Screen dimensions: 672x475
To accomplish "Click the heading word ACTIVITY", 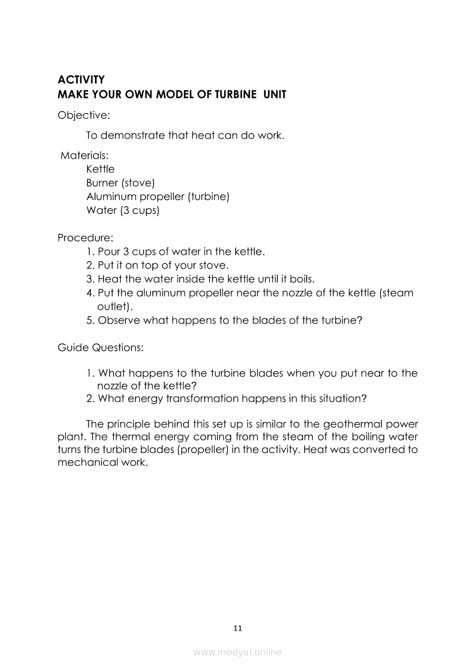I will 81,80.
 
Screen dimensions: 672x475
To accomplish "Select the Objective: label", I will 83,116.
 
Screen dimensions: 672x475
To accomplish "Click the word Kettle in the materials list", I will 100,169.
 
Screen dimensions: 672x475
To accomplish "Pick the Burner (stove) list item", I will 120,183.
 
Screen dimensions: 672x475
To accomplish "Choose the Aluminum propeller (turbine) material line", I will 158,197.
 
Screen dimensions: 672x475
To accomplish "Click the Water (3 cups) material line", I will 122,210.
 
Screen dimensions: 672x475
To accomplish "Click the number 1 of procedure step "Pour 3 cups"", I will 90,251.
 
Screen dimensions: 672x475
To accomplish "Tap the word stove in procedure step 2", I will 213,266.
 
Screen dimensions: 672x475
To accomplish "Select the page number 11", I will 237,628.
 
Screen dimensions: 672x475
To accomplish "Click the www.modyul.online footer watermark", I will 237,652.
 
